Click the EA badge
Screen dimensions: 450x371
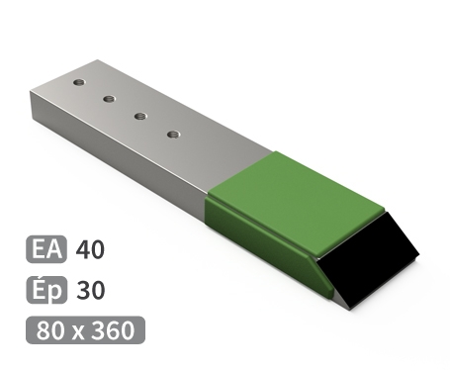[x=46, y=249]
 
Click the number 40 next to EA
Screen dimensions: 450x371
[x=90, y=249]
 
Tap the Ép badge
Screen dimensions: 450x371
[x=46, y=290]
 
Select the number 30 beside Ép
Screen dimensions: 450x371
[x=91, y=290]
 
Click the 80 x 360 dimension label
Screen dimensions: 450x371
[x=85, y=330]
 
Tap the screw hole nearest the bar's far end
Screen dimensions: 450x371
[x=79, y=82]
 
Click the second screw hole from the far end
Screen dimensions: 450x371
[x=109, y=99]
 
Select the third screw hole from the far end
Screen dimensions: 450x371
[x=140, y=116]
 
